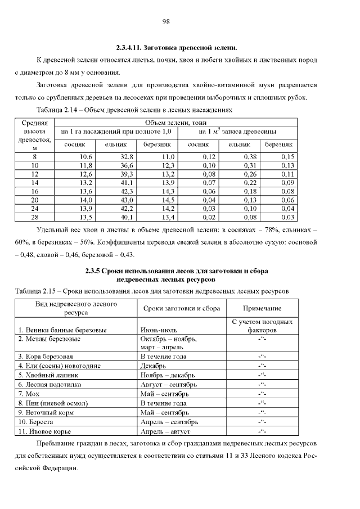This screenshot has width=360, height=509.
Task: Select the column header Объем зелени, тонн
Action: (175, 122)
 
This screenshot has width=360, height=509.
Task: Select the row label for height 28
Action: (35, 217)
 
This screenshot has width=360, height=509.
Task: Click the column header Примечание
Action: (262, 309)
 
